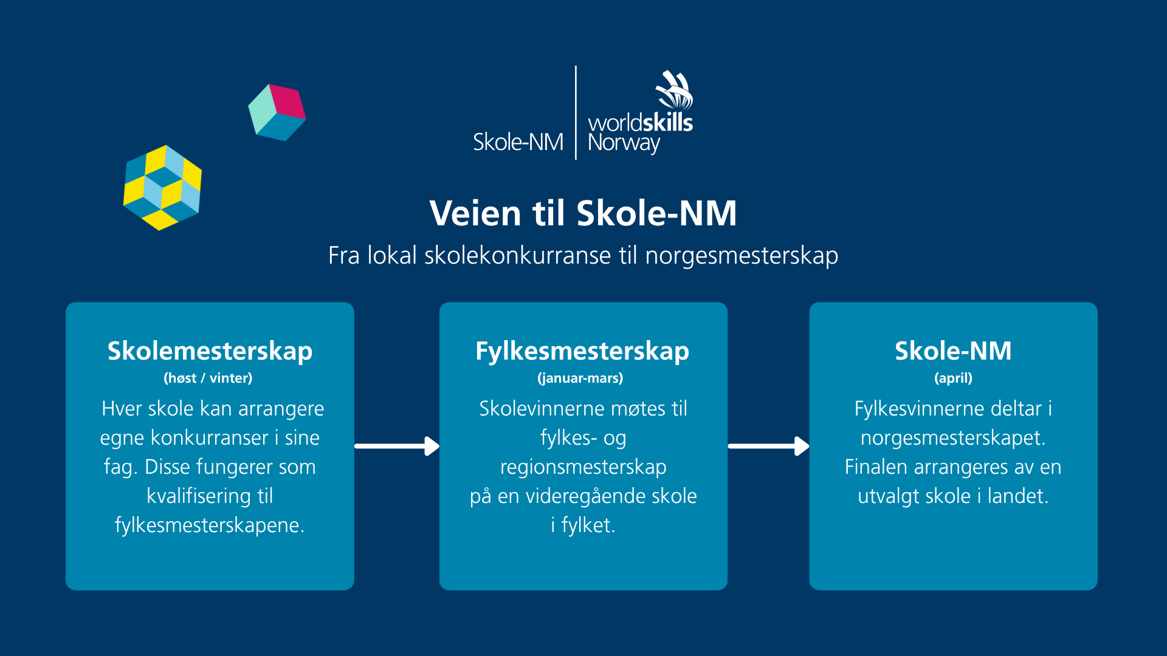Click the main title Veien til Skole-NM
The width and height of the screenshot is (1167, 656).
(583, 213)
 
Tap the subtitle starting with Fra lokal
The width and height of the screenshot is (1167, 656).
(583, 256)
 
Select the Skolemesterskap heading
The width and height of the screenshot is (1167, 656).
(210, 352)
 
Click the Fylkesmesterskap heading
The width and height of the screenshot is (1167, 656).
(582, 352)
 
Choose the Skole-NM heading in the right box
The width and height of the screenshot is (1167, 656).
(953, 350)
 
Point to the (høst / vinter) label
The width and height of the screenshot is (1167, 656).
(208, 378)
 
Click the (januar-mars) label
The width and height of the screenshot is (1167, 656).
(580, 378)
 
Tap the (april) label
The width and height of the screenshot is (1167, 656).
(953, 378)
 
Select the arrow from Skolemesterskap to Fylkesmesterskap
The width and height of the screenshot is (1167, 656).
(397, 446)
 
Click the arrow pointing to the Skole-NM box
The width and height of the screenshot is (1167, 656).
(769, 446)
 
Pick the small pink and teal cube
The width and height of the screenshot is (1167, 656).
(277, 112)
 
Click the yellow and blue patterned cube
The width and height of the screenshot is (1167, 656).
(162, 188)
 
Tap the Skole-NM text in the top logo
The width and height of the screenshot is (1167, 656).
(518, 142)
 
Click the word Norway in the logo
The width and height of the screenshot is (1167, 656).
(624, 143)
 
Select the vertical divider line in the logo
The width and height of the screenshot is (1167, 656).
(576, 112)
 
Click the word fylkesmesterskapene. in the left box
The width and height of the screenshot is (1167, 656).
(210, 525)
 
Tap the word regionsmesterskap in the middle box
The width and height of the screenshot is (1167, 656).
(583, 467)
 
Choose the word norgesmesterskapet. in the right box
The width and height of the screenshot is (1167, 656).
(953, 438)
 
